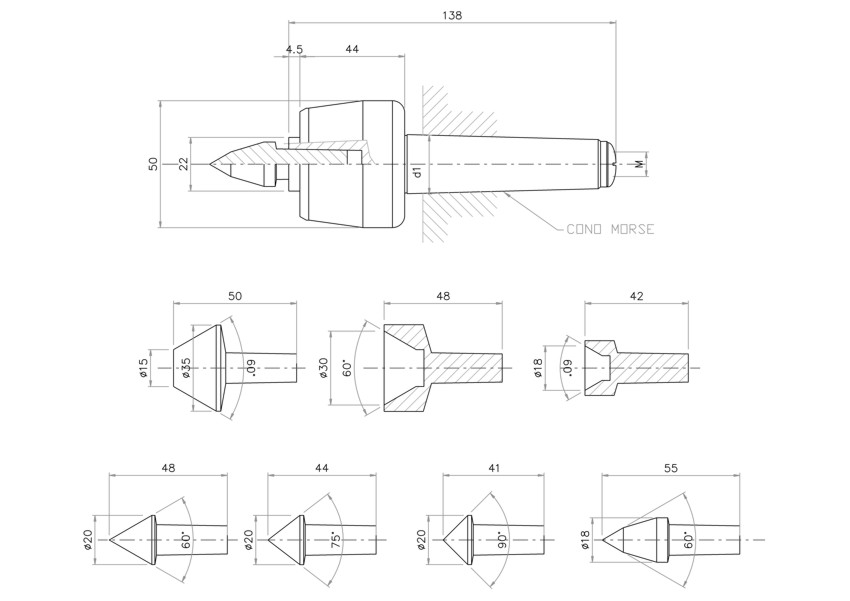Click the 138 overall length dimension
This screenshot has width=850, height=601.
point(452,15)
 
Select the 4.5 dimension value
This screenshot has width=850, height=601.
point(294,49)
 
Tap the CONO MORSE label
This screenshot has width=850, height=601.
point(610,229)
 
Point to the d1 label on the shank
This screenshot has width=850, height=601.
point(417,172)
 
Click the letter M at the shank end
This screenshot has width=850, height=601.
point(640,164)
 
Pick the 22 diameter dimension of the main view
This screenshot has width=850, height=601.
point(183,164)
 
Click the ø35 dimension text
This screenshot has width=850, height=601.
point(186,368)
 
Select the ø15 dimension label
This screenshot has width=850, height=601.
point(143,368)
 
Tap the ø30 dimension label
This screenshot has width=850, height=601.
point(324,368)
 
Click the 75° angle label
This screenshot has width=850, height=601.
point(336,540)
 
